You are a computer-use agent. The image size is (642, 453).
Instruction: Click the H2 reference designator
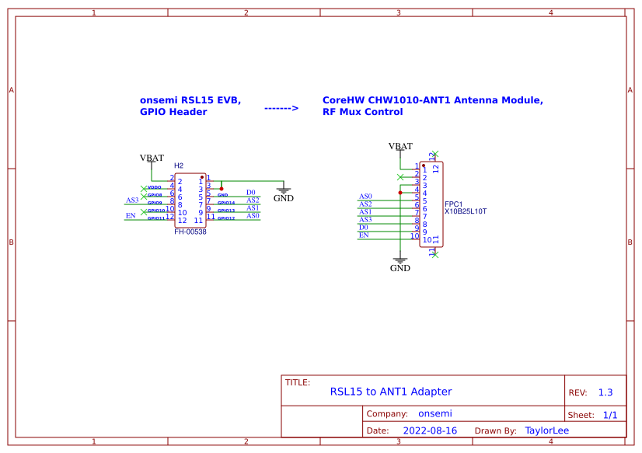coord(179,166)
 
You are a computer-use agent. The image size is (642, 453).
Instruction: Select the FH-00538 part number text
coord(190,232)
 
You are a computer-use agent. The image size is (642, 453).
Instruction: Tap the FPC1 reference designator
coord(453,204)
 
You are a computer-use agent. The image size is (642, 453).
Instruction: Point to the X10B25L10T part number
coord(465,211)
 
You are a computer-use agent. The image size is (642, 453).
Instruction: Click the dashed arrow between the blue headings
coord(281,109)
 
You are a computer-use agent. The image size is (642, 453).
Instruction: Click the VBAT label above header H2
coord(152,158)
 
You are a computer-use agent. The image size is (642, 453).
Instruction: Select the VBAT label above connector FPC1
coord(400,146)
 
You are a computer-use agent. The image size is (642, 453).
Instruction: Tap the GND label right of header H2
coord(284,198)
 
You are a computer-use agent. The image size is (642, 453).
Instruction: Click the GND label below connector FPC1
coord(400,268)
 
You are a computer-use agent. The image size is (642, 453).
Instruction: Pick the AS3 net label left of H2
coord(132,200)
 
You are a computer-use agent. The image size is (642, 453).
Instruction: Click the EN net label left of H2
coord(131,215)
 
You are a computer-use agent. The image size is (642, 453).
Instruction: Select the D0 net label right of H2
coord(251,192)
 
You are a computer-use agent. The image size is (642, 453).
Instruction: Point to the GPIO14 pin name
coord(226,203)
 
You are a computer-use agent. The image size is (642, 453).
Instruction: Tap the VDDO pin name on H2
coord(155,187)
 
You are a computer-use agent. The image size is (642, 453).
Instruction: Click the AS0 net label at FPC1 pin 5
coord(365,197)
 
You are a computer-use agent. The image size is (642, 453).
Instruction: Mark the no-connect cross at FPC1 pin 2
coord(400,177)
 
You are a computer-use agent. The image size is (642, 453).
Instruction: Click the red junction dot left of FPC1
coord(400,193)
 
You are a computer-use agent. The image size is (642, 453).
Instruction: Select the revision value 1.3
coord(605,392)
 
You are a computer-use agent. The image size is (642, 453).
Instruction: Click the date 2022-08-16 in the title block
coord(430,430)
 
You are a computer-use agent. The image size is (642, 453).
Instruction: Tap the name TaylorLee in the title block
coord(547,430)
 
